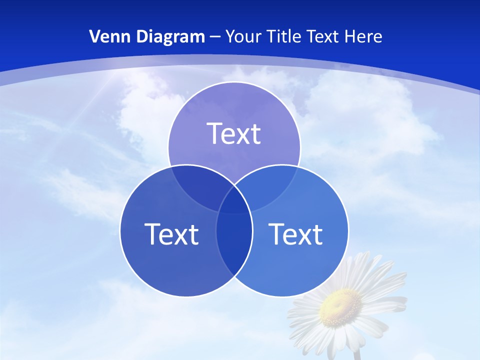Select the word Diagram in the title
tap(170, 36)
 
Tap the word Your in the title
tap(243, 36)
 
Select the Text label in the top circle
tap(234, 133)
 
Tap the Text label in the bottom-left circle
tap(171, 233)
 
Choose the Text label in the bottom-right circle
tap(295, 233)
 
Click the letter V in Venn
tap(95, 36)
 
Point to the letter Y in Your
tap(230, 36)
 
